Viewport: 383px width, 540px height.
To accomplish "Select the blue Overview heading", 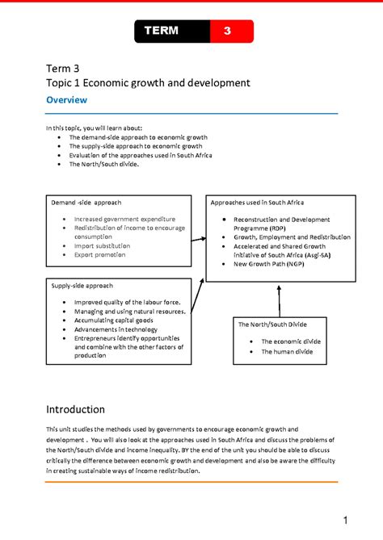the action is pyautogui.click(x=66, y=100).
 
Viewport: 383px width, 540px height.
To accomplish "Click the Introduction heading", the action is pyautogui.click(x=76, y=409).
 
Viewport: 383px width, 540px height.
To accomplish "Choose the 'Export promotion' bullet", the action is pyautogui.click(x=100, y=255).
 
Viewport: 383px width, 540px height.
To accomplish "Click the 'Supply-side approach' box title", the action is pyautogui.click(x=82, y=286).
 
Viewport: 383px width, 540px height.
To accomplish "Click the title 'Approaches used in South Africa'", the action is pyautogui.click(x=259, y=202).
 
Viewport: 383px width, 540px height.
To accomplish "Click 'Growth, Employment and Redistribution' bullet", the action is pyautogui.click(x=292, y=237).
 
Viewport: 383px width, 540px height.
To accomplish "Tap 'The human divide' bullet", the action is pyautogui.click(x=287, y=352).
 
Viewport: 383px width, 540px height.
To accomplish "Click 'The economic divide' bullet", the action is pyautogui.click(x=291, y=341).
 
